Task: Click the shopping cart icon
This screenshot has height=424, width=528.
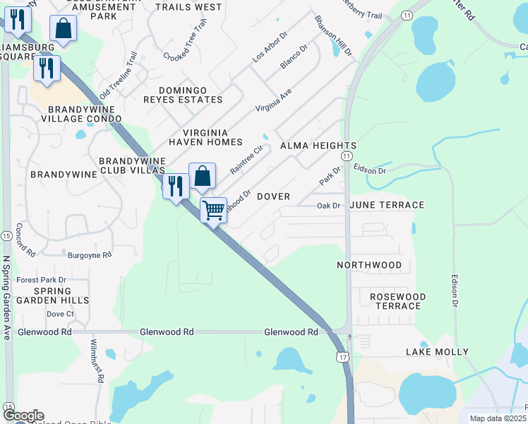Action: [213, 210]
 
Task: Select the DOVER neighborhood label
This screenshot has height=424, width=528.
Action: [273, 196]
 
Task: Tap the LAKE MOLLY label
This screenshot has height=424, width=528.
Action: [437, 351]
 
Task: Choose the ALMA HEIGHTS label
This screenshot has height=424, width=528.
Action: [318, 146]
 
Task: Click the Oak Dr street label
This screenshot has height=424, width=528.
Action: [328, 206]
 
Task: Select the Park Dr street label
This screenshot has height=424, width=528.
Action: [330, 176]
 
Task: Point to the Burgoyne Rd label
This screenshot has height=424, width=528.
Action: [90, 254]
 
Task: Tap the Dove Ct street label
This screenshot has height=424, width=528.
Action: [60, 314]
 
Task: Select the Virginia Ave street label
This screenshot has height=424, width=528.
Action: [274, 102]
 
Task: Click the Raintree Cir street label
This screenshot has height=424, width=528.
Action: [246, 161]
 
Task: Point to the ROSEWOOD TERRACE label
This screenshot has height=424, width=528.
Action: [398, 301]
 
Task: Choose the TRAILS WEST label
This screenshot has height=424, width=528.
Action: [188, 7]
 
